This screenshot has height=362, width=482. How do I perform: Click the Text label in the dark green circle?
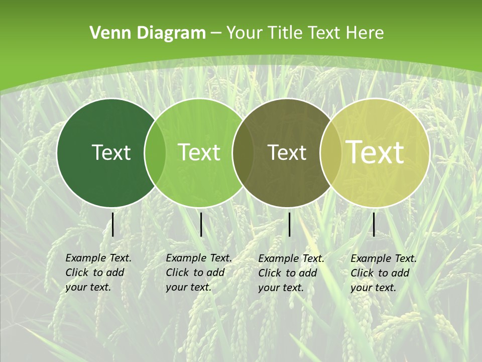(111, 152)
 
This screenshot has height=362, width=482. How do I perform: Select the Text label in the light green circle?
(199, 152)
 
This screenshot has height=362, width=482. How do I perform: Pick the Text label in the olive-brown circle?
(287, 152)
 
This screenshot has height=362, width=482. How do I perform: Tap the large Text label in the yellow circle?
(375, 152)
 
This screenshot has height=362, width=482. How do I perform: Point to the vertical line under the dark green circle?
(113, 224)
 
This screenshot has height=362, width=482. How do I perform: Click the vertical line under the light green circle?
(201, 224)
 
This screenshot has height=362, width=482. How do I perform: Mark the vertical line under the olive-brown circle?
(290, 224)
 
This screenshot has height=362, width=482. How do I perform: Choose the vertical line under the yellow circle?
(374, 224)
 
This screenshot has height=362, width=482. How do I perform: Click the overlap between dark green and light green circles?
(155, 152)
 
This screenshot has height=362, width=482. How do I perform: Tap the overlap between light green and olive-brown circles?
(243, 152)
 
